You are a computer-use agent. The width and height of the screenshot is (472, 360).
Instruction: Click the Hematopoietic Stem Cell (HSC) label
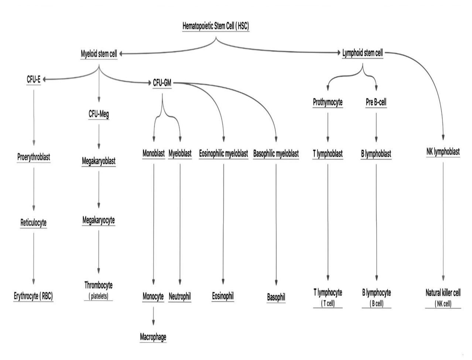[x=216, y=26]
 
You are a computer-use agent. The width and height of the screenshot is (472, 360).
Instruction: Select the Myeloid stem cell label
[x=99, y=54]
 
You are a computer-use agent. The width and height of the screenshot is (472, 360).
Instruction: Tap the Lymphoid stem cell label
[x=362, y=53]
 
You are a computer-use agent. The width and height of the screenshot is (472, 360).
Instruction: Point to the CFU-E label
[x=33, y=79]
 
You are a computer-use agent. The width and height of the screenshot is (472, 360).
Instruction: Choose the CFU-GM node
[x=162, y=83]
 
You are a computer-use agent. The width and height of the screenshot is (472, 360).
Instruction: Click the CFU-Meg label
[x=99, y=114]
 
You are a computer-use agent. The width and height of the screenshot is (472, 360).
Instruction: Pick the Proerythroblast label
[x=34, y=157]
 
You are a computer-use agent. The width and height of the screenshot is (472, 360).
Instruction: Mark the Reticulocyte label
[x=34, y=223]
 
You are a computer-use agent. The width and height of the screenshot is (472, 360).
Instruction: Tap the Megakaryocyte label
[x=99, y=220]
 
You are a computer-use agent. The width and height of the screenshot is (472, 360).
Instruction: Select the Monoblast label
[x=154, y=153]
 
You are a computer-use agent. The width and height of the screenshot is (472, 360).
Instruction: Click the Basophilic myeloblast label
[x=276, y=153]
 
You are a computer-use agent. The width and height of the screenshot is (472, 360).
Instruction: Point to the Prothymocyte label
[x=328, y=102]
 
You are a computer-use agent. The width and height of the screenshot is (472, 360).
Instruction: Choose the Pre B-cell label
[x=376, y=102]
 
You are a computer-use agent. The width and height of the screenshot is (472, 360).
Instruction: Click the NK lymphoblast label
[x=443, y=152]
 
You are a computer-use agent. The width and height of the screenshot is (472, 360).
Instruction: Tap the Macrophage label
[x=153, y=337]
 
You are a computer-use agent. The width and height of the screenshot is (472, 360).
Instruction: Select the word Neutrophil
[x=180, y=296]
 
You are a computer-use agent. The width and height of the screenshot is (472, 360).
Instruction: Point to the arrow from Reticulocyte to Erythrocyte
[x=34, y=259]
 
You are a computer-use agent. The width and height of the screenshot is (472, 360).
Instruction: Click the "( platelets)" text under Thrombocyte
[x=98, y=296]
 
